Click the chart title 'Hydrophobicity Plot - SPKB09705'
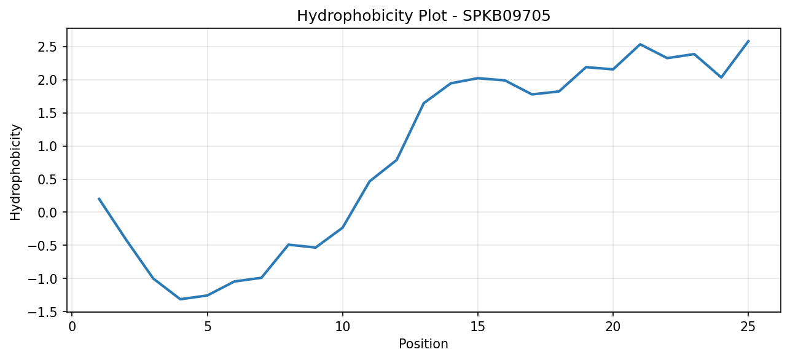pos(423,16)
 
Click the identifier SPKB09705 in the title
pos(506,16)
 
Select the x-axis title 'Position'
pos(423,344)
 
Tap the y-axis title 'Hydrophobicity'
pos(15,173)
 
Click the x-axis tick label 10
pos(342,327)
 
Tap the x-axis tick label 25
pos(748,327)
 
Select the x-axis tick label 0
pos(72,327)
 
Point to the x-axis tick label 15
pos(477,327)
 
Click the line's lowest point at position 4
pos(180,299)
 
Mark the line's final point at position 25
pos(748,41)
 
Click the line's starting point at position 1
pos(99,198)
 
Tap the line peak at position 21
pos(640,44)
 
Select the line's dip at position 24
pos(721,77)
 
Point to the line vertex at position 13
pos(424,103)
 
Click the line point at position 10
pos(342,228)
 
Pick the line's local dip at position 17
pos(532,95)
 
